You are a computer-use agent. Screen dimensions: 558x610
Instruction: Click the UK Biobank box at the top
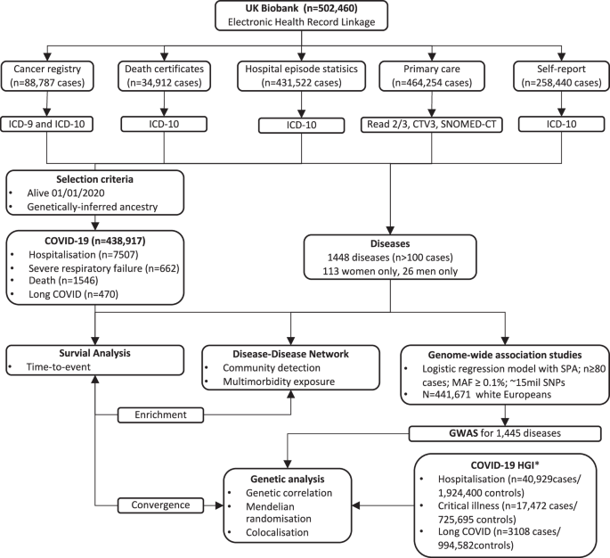(304, 17)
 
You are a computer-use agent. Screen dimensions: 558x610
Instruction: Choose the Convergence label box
(154, 505)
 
